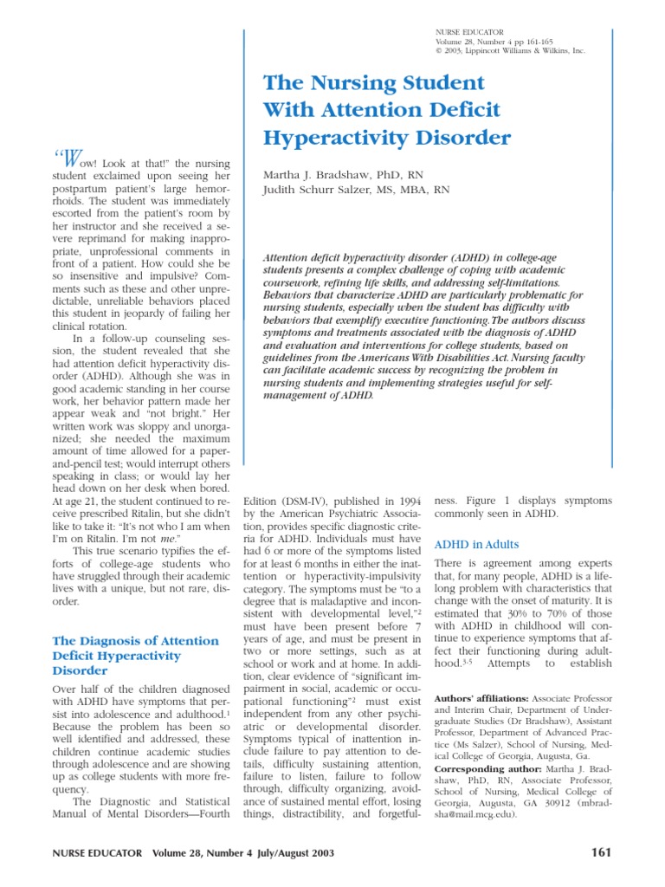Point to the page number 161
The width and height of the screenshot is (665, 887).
(x=600, y=852)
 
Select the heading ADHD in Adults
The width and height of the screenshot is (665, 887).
(x=476, y=544)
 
